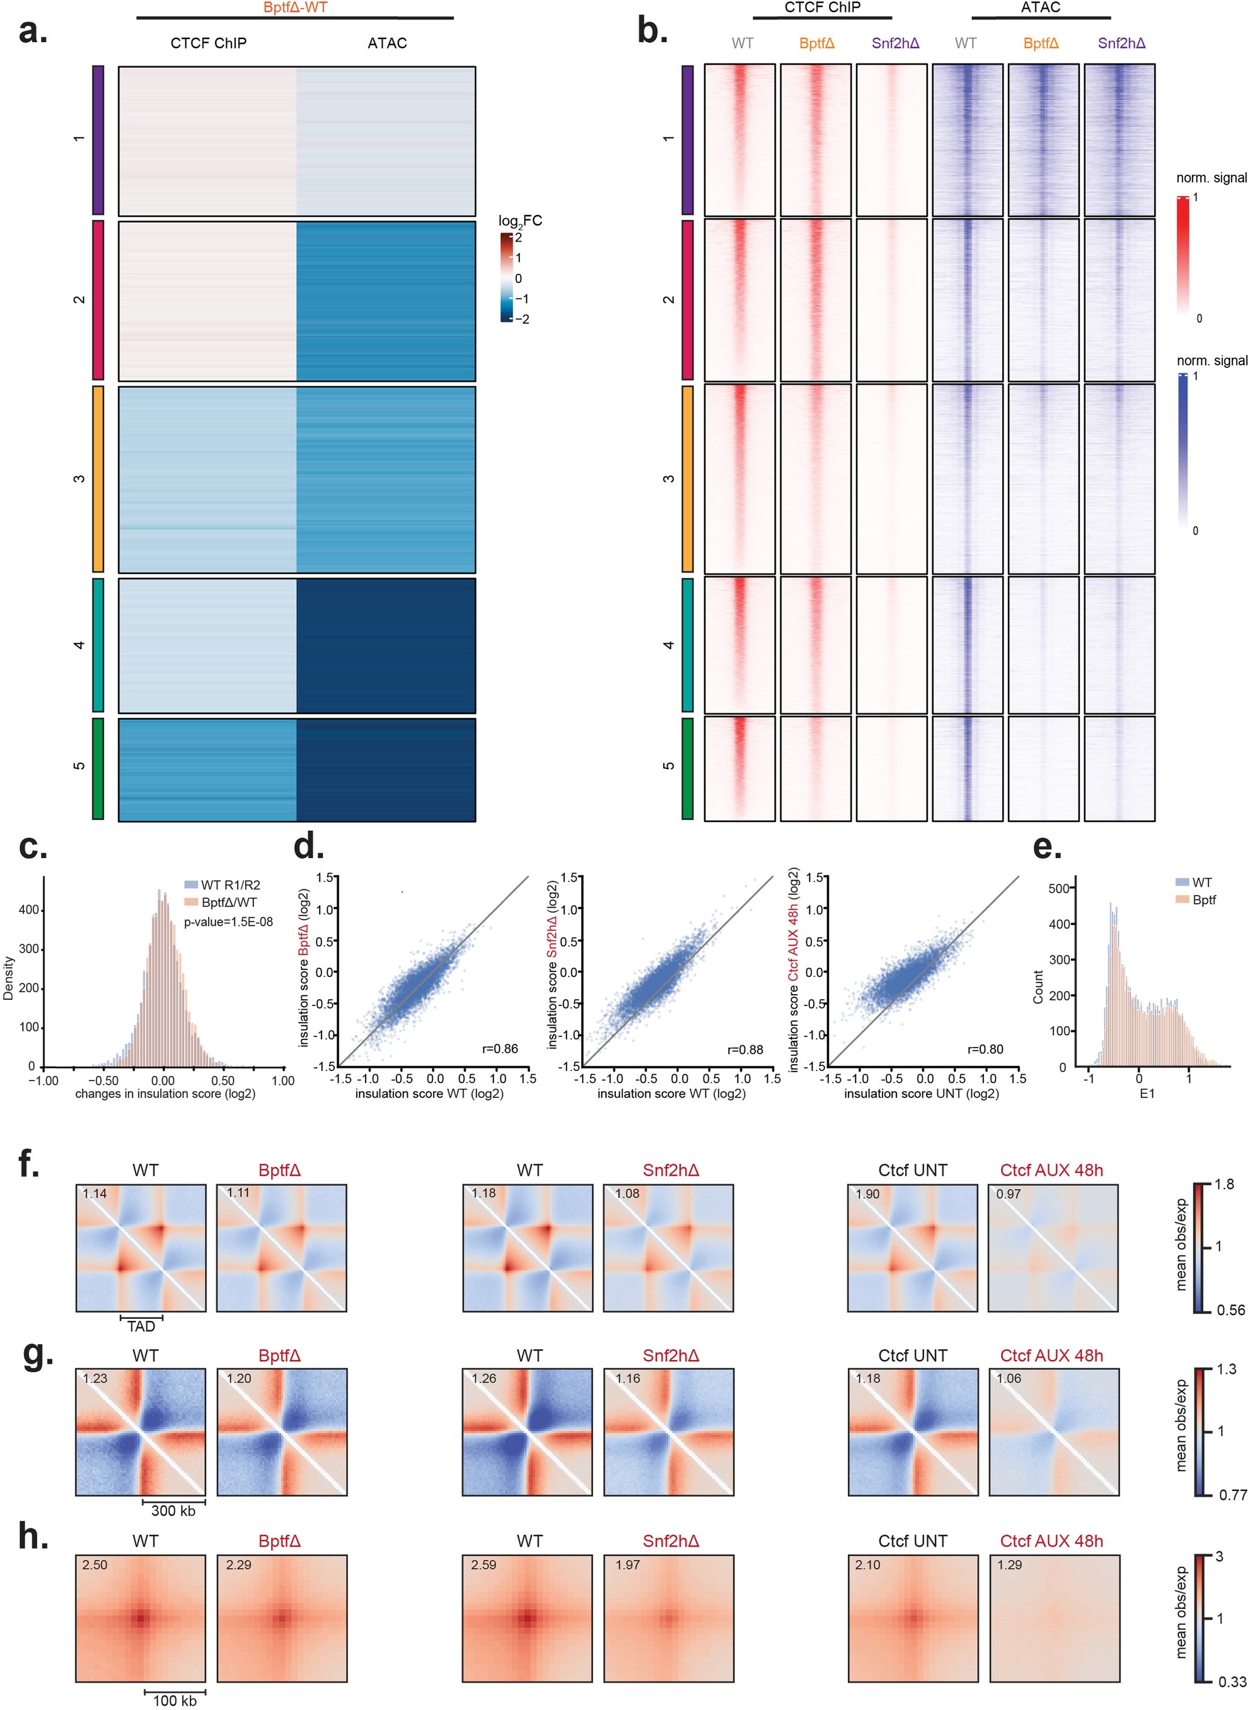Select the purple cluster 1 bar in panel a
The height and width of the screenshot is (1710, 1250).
(98, 140)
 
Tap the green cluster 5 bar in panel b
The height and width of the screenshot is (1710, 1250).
(687, 768)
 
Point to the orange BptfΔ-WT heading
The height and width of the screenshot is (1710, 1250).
(295, 7)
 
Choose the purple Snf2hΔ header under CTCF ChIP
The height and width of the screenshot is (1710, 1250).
(895, 43)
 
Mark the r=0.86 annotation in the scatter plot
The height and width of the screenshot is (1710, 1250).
(500, 1049)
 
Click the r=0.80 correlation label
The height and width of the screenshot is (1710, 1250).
(985, 1049)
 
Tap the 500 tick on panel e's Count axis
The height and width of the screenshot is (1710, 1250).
(1057, 888)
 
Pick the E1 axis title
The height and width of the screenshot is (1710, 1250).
(1147, 1094)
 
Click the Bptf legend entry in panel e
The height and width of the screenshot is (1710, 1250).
(1204, 900)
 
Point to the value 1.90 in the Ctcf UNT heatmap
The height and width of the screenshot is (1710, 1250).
(867, 1194)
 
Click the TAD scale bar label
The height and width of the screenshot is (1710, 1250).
(141, 1326)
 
